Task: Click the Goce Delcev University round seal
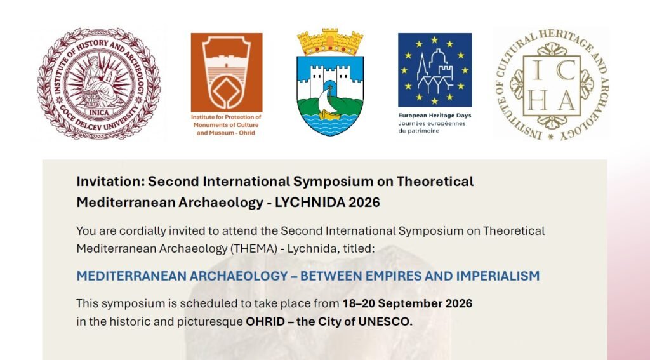[x=98, y=83]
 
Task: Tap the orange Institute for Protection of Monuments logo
[x=227, y=72]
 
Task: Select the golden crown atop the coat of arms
[x=330, y=42]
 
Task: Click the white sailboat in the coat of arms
[x=326, y=103]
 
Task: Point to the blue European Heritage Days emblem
[x=435, y=70]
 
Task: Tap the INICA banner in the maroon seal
[x=99, y=112]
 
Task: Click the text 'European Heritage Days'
[x=435, y=116]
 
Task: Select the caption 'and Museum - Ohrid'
[x=226, y=133]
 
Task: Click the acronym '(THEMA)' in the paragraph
[x=253, y=249]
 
